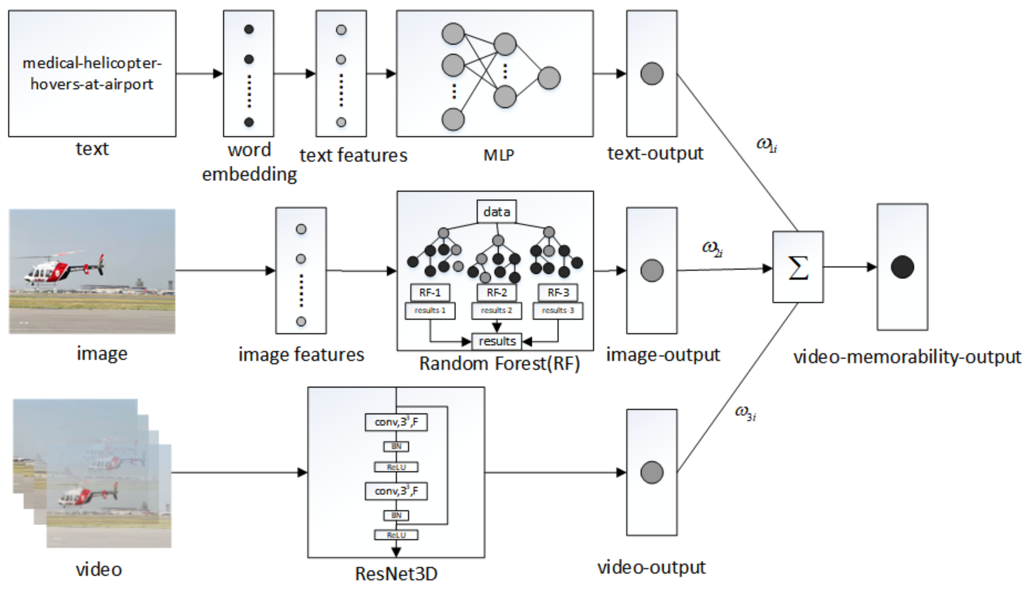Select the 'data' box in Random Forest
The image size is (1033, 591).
(496, 212)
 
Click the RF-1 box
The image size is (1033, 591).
(430, 292)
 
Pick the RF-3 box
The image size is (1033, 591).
(558, 292)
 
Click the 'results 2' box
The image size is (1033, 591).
(496, 310)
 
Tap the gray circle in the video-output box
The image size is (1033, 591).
(652, 472)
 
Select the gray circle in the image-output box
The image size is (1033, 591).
(652, 271)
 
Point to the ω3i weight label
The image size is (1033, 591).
(745, 413)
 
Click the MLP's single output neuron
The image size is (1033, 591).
(549, 78)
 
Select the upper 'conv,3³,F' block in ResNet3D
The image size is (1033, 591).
(396, 422)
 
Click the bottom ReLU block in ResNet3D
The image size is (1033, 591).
(396, 535)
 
